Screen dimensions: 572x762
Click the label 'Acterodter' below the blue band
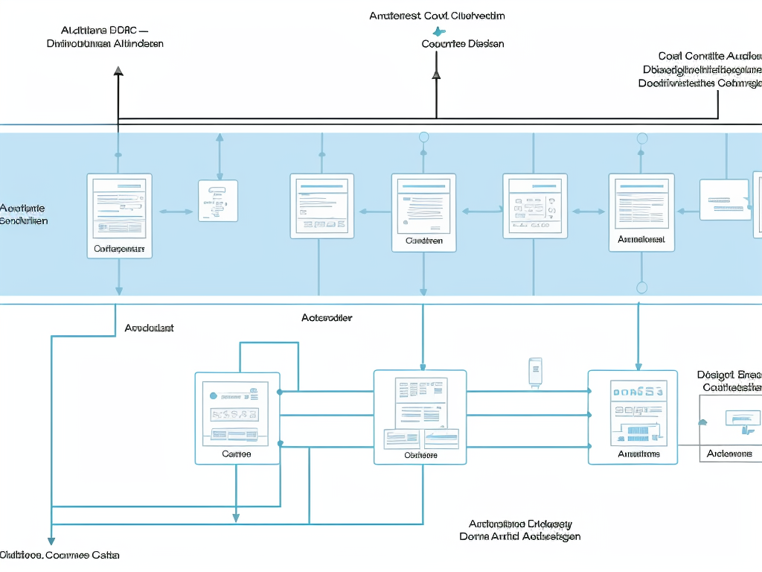pos(327,317)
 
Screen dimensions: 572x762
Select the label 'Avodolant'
pos(149,328)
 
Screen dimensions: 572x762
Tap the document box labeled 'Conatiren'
pos(423,213)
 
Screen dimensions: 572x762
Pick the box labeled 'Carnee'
pos(237,418)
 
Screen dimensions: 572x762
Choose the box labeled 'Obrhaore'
pos(420,417)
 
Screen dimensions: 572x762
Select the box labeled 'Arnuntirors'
pos(633,417)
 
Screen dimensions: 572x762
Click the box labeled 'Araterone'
pos(730,429)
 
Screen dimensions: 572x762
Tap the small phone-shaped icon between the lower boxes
pos(535,371)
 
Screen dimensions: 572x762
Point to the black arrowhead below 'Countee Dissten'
pos(436,74)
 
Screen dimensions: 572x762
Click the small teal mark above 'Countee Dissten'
pos(438,31)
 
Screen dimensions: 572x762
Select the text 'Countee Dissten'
pos(463,44)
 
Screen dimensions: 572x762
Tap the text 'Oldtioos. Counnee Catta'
pos(60,555)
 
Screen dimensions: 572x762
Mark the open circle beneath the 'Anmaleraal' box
pos(642,287)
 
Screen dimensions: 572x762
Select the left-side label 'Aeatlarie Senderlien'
pos(24,214)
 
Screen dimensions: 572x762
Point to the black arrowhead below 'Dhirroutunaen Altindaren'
pos(118,71)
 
